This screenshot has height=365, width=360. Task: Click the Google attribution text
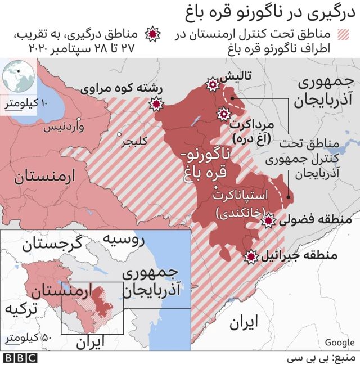[339, 343]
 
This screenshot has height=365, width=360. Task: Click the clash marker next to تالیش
[213, 85]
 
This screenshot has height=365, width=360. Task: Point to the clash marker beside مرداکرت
[223, 115]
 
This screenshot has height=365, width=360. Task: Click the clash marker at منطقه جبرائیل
[251, 256]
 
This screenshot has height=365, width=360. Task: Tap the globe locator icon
[17, 77]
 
